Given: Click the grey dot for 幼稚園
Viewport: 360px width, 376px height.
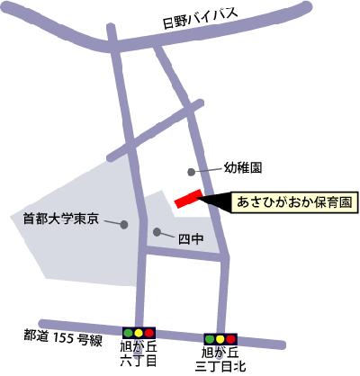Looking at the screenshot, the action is (x=190, y=171).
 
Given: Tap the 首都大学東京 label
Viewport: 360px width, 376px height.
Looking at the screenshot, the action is (x=59, y=219).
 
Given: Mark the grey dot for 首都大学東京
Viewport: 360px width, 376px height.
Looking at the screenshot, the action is (x=124, y=224).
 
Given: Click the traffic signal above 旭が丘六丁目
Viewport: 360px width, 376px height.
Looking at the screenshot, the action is (x=139, y=334).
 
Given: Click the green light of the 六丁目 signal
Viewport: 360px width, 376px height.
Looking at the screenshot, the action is (x=128, y=334).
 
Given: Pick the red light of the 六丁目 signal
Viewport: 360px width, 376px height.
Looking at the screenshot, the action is (x=149, y=334).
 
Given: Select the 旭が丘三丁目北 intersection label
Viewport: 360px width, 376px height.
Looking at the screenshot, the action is (x=221, y=360).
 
